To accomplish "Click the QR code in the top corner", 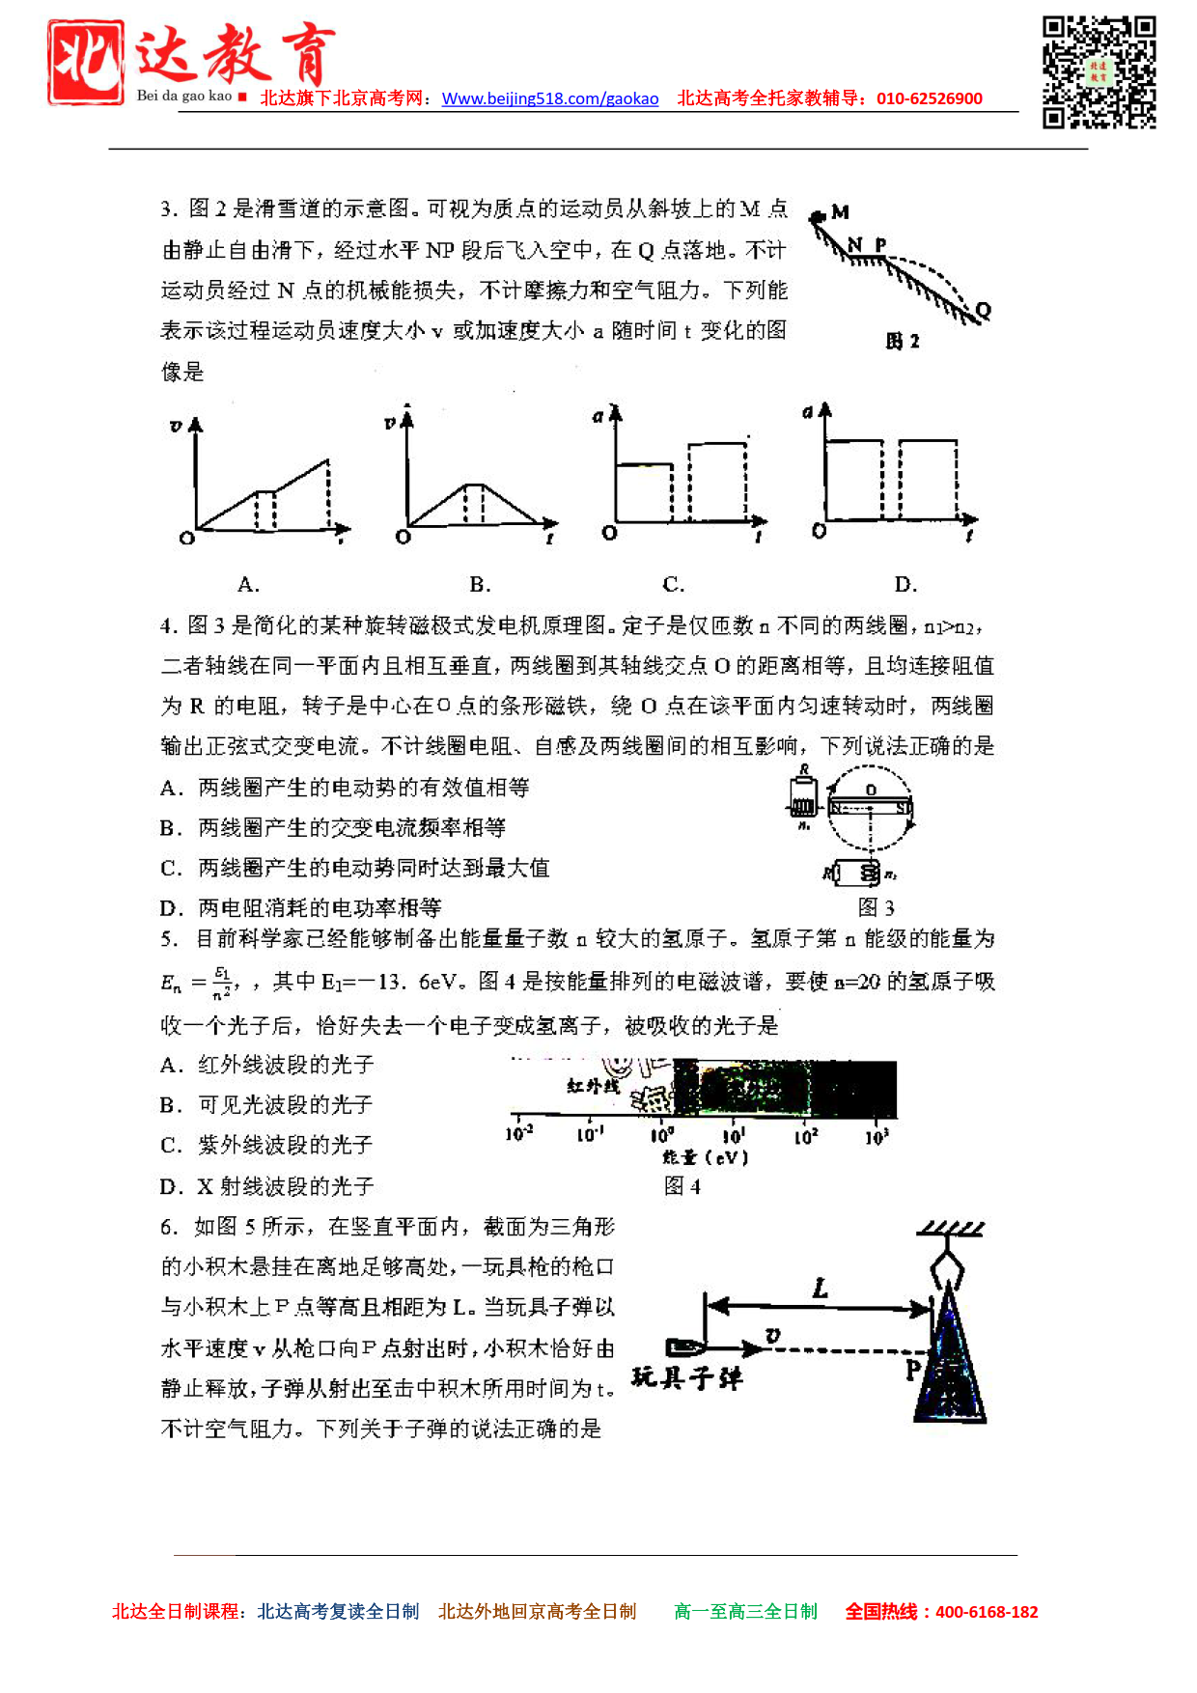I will click(x=1099, y=71).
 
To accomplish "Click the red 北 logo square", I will click(x=86, y=62).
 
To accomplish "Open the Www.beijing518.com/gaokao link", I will click(x=550, y=98).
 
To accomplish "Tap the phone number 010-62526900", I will click(x=929, y=98).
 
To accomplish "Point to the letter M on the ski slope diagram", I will click(x=841, y=212).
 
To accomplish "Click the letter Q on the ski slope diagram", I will click(x=984, y=310).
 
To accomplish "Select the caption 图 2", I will click(x=903, y=341).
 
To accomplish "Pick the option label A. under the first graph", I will click(x=248, y=584).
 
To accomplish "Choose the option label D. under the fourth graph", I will click(x=905, y=584).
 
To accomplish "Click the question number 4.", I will click(x=169, y=625).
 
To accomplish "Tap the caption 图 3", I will click(x=876, y=907).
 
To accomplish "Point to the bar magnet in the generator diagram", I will click(x=870, y=808).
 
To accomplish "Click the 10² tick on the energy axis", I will click(x=806, y=1136).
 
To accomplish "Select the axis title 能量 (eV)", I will click(x=705, y=1157).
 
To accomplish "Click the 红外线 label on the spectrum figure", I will click(x=593, y=1087).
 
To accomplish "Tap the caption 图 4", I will click(x=682, y=1185).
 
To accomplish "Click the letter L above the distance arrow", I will click(x=821, y=1288).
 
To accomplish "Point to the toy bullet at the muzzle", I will click(x=686, y=1347).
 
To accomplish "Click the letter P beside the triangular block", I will click(x=913, y=1369).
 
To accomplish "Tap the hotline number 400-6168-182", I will click(x=987, y=1611).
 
